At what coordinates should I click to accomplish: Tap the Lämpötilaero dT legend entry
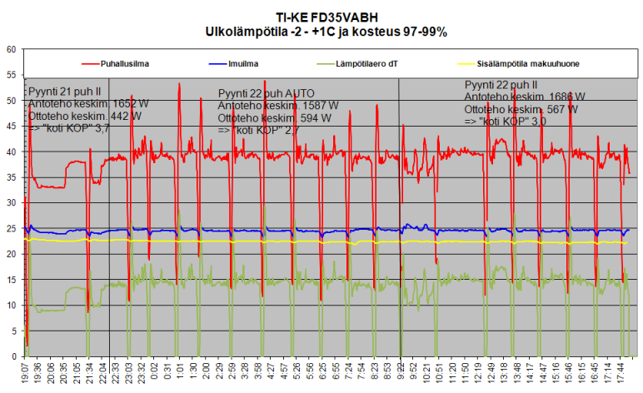(370, 62)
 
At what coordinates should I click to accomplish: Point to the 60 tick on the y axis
(11, 50)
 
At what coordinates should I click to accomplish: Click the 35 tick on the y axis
(11, 177)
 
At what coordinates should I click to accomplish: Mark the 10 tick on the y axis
(11, 306)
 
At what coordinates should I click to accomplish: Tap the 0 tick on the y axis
(13, 356)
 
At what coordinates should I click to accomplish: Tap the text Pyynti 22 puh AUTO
(262, 94)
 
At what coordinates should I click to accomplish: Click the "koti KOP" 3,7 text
(68, 128)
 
